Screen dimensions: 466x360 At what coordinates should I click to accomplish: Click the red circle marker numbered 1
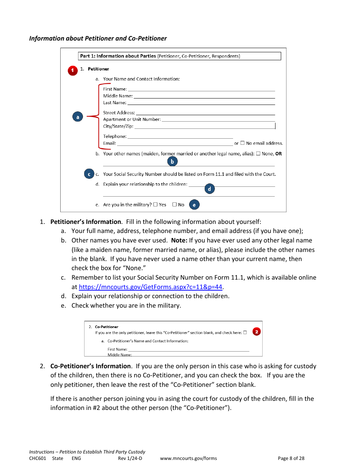coord(72,71)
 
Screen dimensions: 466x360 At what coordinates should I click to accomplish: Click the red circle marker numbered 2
coord(257,332)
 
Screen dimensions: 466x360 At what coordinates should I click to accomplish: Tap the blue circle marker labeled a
coord(78,117)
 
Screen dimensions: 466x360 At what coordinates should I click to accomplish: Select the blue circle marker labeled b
coord(172,161)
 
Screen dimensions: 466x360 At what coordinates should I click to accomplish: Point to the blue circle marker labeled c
coord(89,174)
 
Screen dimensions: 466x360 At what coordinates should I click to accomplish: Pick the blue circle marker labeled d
coord(210,189)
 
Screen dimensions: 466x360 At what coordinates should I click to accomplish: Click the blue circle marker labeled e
coord(194,205)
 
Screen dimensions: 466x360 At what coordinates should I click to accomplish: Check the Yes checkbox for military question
coord(155,205)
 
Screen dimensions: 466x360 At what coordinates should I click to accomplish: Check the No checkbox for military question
coord(174,205)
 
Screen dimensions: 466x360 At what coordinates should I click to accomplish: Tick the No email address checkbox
coord(242,143)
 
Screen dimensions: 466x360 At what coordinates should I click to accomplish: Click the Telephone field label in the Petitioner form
coord(114,136)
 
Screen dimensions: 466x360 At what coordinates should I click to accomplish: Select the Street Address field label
coord(119,113)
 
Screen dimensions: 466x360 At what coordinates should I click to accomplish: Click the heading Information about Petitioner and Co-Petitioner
coord(98,38)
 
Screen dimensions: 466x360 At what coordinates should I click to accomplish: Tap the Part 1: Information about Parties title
coord(117,56)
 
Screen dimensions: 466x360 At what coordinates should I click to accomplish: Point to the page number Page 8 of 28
coord(291,458)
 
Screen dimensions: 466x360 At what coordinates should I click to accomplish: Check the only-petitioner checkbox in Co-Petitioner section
coord(245,333)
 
